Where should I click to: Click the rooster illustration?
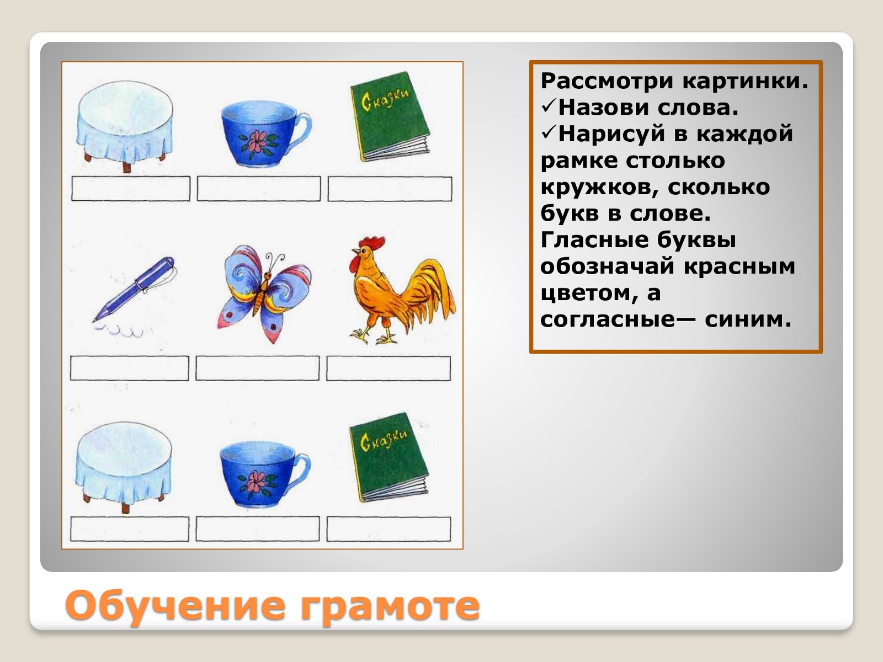pos(398,291)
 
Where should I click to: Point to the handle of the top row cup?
pos(302,128)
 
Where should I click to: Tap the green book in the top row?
pos(390,116)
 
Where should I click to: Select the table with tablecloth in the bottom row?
pos(124,466)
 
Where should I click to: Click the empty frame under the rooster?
pos(389,368)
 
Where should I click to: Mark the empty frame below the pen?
pos(130,368)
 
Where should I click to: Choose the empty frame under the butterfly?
pos(258,368)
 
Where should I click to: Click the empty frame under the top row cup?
pos(259,189)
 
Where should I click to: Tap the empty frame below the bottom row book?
pos(389,529)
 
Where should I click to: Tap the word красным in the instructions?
pos(740,266)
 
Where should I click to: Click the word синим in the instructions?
pos(748,319)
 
